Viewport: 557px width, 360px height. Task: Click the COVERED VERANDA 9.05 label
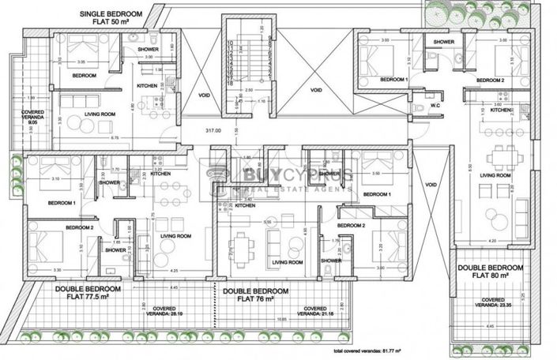(x=32, y=118)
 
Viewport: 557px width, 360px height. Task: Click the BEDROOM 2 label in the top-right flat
(x=491, y=81)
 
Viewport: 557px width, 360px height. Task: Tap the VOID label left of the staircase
(x=204, y=95)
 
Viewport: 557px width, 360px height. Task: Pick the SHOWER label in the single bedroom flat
(x=148, y=49)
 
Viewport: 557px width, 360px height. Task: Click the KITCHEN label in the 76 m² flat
(x=244, y=206)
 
